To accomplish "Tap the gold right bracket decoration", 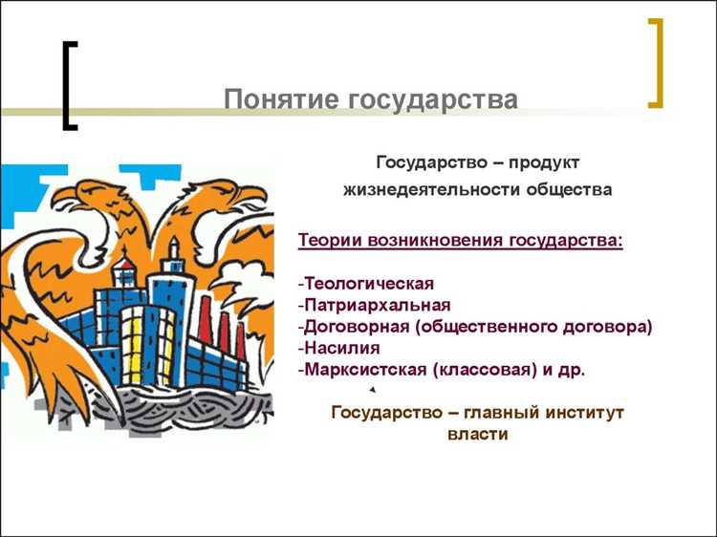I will [x=655, y=62].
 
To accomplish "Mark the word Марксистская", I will [x=366, y=369].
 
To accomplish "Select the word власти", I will [x=476, y=434].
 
